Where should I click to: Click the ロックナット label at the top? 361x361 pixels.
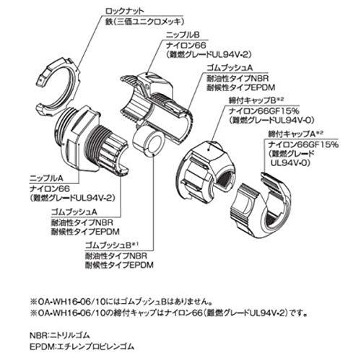(x=124, y=12)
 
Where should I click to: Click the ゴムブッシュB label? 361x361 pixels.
(x=108, y=245)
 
